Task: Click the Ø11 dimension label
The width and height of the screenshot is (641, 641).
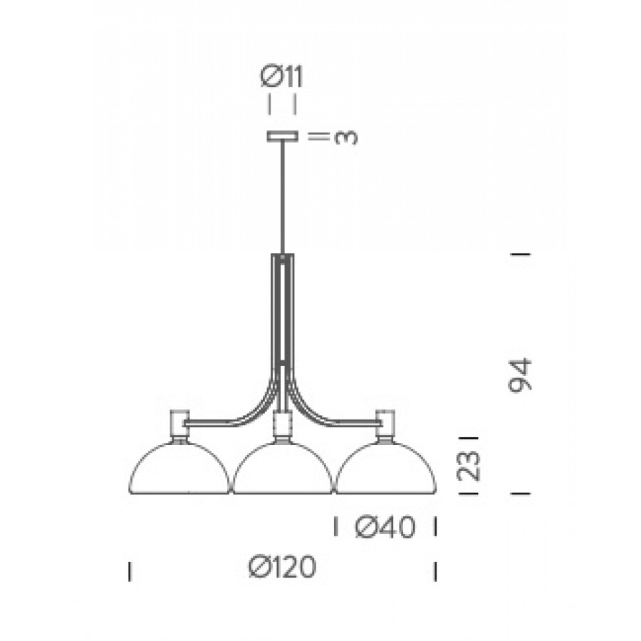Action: pos(281,77)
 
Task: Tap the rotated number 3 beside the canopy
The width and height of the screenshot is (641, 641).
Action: pos(346,137)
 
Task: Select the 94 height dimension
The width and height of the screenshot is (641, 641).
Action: pos(520,375)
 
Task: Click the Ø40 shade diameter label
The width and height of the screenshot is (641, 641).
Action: pos(385,526)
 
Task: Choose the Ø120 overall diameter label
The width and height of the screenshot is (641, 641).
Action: pos(283,567)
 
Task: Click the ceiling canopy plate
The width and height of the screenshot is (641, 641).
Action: pos(282,136)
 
